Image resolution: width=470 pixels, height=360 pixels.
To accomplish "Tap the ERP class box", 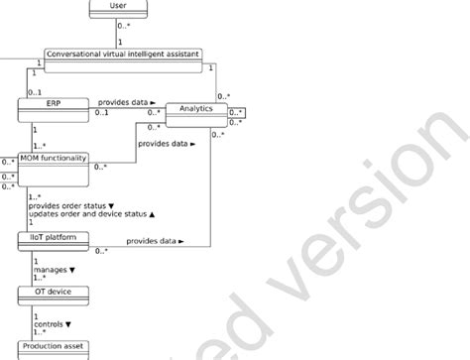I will click(x=55, y=103).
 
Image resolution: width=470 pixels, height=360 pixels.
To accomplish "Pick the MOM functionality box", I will click(x=56, y=159).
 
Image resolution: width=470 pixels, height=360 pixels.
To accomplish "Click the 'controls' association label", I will click(x=53, y=323).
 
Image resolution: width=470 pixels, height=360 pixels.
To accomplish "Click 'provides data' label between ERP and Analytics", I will click(x=125, y=102).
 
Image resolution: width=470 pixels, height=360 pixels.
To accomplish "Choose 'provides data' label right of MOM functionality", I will click(x=167, y=145).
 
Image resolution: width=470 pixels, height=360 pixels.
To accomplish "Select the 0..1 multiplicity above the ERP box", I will click(x=36, y=91).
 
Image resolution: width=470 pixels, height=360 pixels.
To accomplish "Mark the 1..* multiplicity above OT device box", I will click(x=39, y=279).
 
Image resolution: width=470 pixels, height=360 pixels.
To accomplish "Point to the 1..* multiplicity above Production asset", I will click(x=39, y=333).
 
